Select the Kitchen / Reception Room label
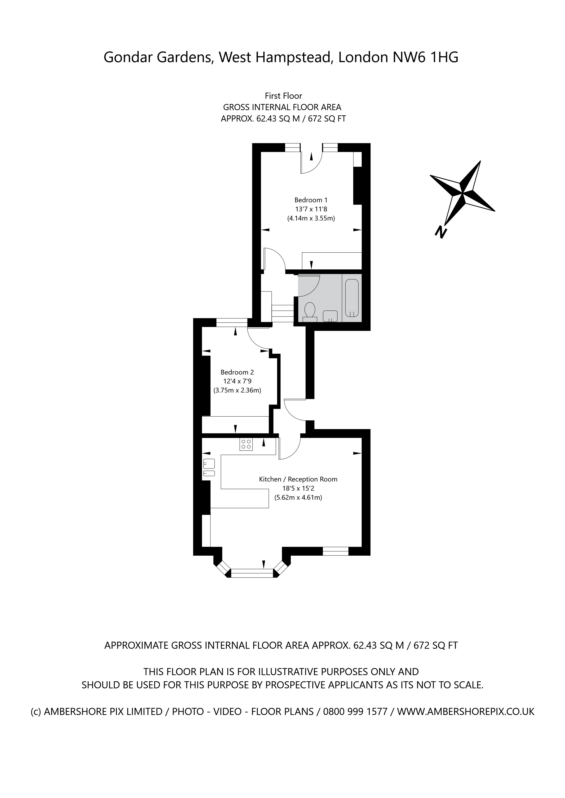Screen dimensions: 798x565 [x=298, y=479]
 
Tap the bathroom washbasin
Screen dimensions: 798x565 [x=330, y=316]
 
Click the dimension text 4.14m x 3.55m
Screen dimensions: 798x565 [x=311, y=219]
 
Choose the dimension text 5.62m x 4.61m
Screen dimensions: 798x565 [x=298, y=497]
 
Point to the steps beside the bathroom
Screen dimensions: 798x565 [x=282, y=313]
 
